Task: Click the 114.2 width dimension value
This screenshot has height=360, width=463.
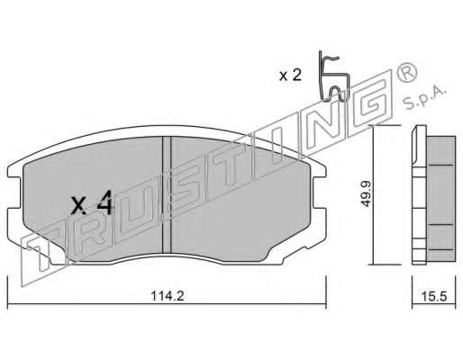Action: coord(167,296)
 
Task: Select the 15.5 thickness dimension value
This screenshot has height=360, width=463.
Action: coord(434,297)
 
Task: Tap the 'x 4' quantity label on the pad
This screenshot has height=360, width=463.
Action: coord(92,203)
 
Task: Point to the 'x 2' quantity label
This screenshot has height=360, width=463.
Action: coord(290,76)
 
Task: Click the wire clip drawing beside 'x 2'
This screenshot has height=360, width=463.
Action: coord(334,77)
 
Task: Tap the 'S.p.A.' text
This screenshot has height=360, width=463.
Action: coord(424,98)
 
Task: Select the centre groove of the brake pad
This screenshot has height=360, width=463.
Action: coord(167,194)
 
